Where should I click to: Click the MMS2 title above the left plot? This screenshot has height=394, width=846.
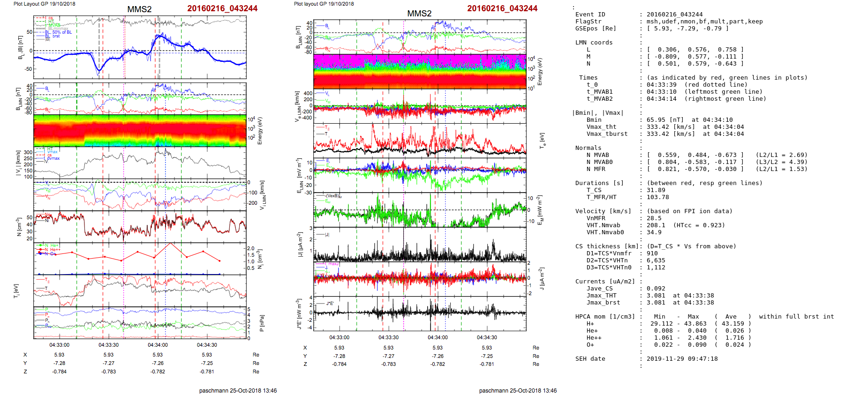pyautogui.click(x=139, y=9)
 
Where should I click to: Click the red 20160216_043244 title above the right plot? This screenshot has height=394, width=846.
pyautogui.click(x=502, y=8)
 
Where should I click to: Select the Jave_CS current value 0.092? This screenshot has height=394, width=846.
pyautogui.click(x=656, y=289)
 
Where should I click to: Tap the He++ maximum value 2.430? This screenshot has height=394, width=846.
pyautogui.click(x=697, y=338)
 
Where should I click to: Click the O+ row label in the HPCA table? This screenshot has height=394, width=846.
pyautogui.click(x=590, y=345)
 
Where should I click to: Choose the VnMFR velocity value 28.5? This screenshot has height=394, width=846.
pyautogui.click(x=654, y=218)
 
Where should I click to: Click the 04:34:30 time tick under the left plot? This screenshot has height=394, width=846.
pyautogui.click(x=207, y=345)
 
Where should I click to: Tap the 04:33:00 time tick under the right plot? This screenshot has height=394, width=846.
pyautogui.click(x=339, y=337)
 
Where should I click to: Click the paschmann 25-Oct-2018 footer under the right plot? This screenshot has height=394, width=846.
pyautogui.click(x=518, y=390)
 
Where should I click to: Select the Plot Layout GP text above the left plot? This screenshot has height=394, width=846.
pyautogui.click(x=44, y=4)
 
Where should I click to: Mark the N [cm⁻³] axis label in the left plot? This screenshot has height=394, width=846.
pyautogui.click(x=19, y=227)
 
